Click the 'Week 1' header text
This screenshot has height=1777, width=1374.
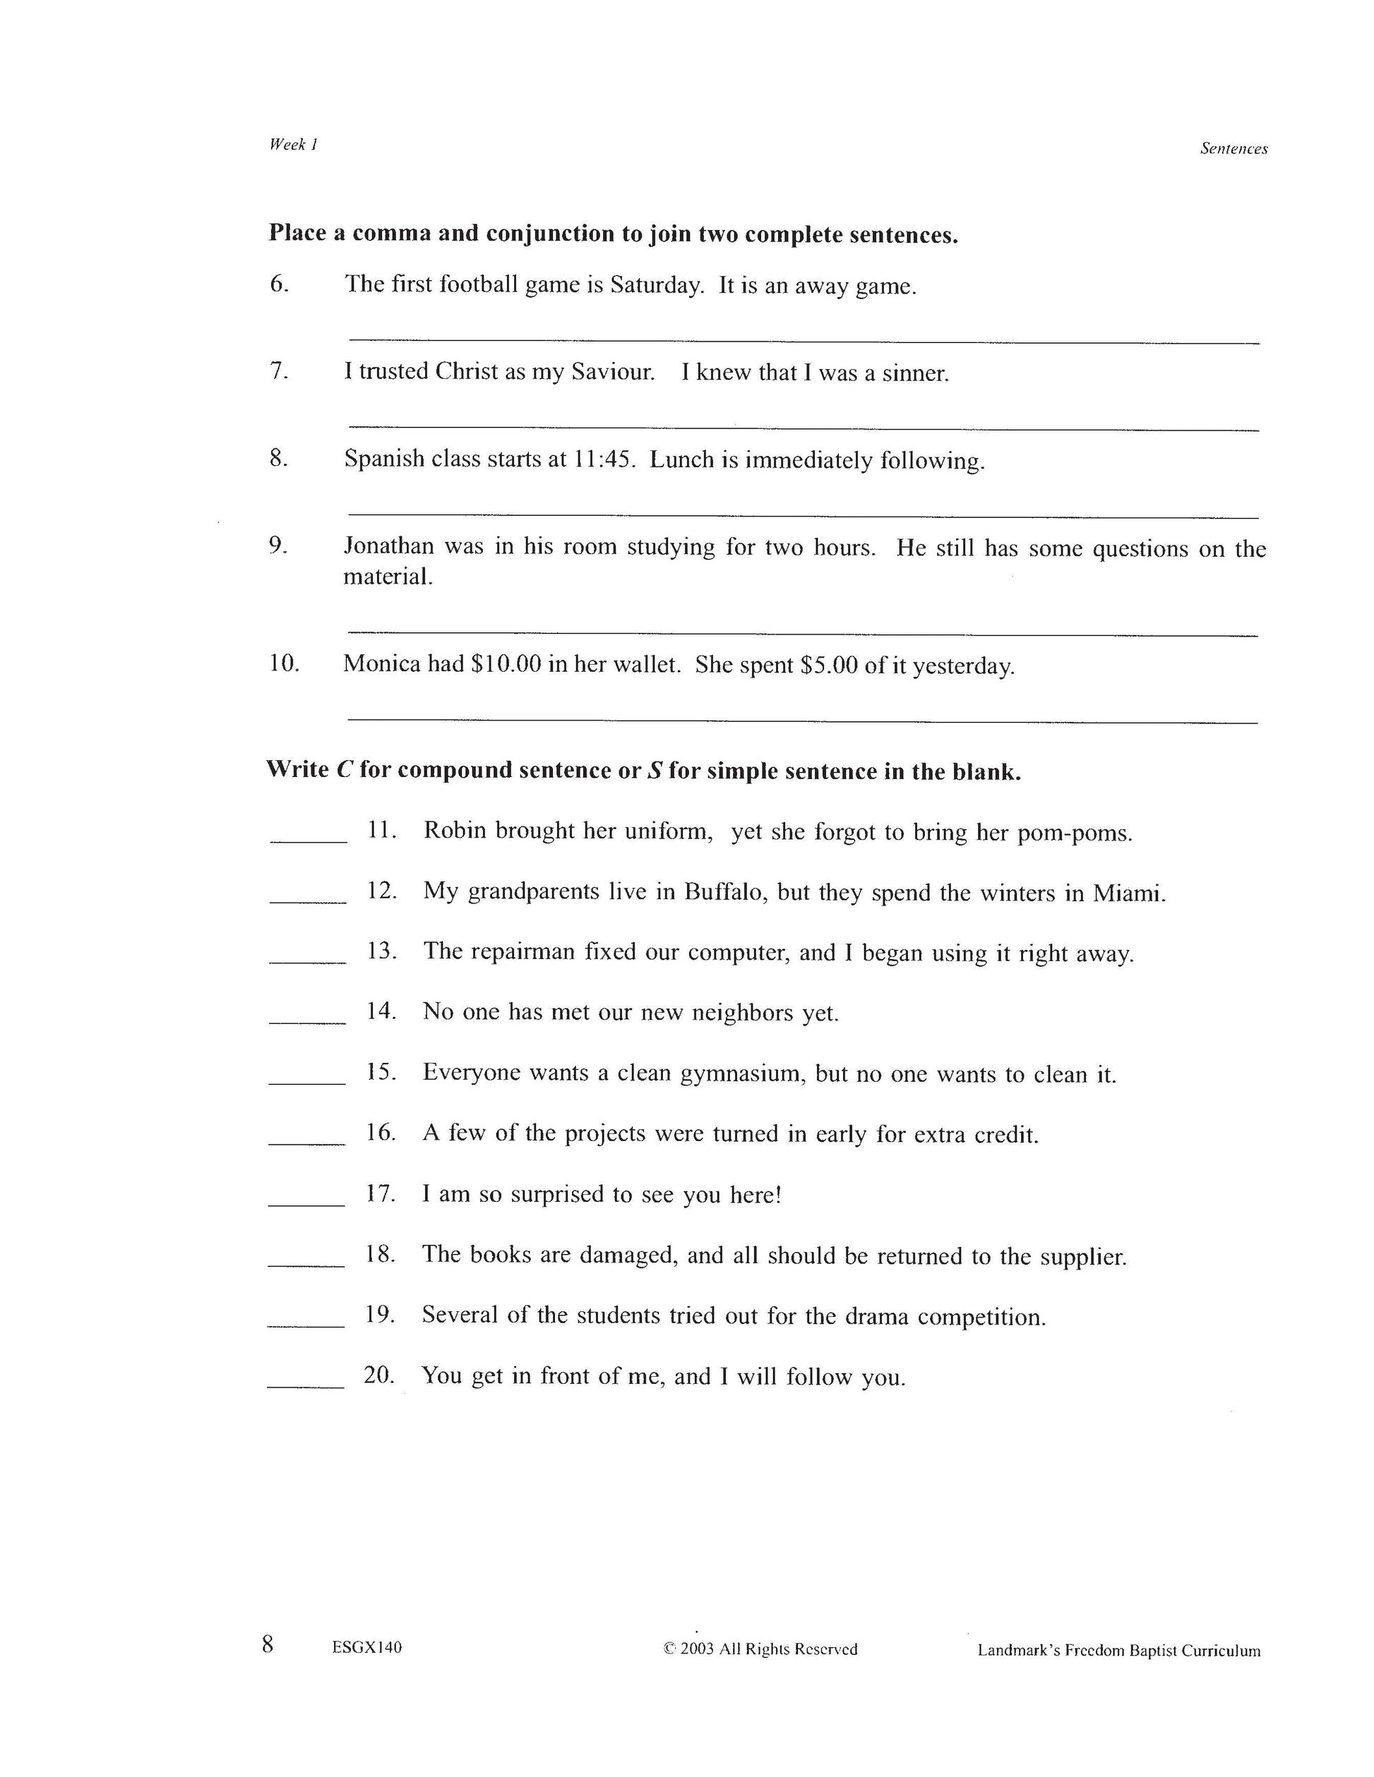coord(293,145)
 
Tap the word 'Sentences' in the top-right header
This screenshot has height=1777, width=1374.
coord(1233,149)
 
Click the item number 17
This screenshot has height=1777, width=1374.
coord(380,1193)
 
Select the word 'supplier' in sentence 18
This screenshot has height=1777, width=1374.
coord(1083,1257)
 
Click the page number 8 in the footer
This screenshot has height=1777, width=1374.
coord(268,1644)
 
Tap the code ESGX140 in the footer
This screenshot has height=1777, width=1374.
coord(366,1648)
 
